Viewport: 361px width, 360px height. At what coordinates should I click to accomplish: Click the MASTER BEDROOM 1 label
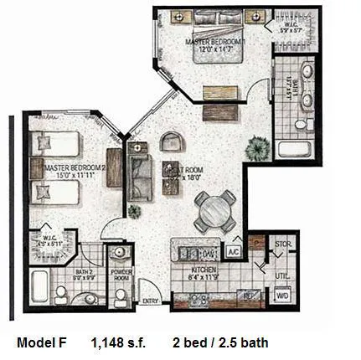pyautogui.click(x=215, y=41)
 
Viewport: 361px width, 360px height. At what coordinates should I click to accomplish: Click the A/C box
pyautogui.click(x=234, y=251)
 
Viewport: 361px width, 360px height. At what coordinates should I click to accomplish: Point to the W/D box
pyautogui.click(x=283, y=296)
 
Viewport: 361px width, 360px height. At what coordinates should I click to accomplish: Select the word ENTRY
pyautogui.click(x=151, y=301)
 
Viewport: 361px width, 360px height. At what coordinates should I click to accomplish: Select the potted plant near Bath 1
pyautogui.click(x=255, y=149)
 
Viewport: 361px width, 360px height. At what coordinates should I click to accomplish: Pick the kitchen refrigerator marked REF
pyautogui.click(x=249, y=296)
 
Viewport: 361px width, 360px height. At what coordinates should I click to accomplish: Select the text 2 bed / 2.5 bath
pyautogui.click(x=220, y=343)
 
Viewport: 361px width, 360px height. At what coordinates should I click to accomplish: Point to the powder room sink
pyautogui.click(x=120, y=253)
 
